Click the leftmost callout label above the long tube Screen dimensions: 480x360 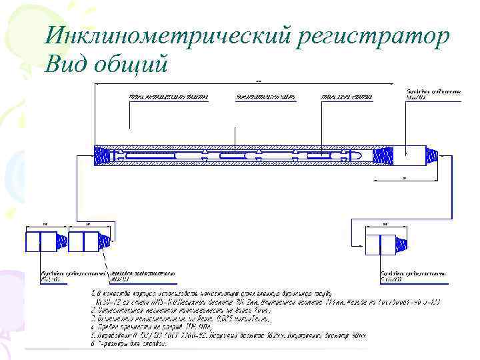[x=168, y=97]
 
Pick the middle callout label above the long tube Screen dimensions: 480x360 [x=265, y=97]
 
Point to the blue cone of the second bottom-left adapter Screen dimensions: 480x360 [x=104, y=241]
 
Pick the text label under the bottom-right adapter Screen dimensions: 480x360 [x=404, y=277]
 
